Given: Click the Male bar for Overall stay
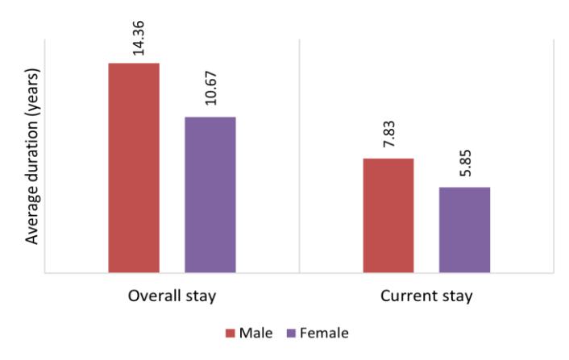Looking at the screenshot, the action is coord(134,168).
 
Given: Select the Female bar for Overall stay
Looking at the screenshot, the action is coord(210,195).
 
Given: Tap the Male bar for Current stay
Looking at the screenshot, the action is coord(388,215).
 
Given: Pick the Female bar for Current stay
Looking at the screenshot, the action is coord(464,230).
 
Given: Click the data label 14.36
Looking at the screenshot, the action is coord(139,39).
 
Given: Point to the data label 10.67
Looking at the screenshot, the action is coord(211,89).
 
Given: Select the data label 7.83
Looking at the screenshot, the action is coord(389,134).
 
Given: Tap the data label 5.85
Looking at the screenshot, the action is coord(465,163).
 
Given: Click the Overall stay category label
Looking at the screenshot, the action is coord(172,296).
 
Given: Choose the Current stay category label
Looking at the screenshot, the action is coord(426,296).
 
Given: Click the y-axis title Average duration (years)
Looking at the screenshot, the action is coord(32,156).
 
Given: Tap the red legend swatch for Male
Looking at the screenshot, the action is coord(230,333).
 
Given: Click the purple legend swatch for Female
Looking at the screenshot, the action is coord(291,333).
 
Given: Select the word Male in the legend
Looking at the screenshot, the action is coord(255,333).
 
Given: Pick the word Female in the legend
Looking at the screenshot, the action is coord(325,333).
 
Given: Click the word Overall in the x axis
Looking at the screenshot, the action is coord(154,296).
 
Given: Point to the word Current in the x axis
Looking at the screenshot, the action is coord(408,296).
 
